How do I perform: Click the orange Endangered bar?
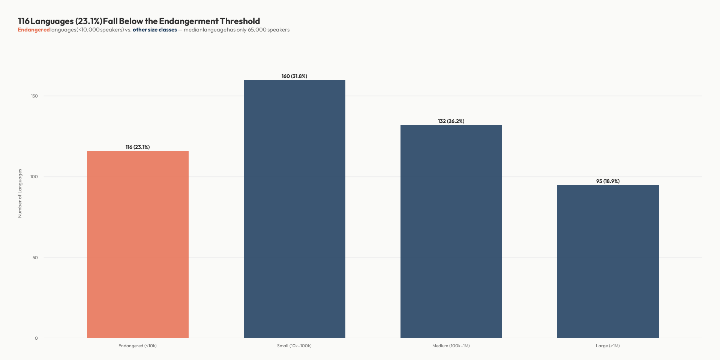click(138, 244)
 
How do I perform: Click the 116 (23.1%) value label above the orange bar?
click(138, 147)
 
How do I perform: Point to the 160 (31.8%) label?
click(294, 76)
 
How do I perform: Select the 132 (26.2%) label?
click(451, 121)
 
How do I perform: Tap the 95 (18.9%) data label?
click(608, 181)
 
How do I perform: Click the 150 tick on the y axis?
click(34, 96)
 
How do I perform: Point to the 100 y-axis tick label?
click(34, 177)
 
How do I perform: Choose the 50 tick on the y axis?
click(35, 258)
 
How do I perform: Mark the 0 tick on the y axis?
click(36, 338)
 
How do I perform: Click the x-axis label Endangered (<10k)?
click(138, 346)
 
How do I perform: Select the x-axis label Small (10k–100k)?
click(294, 346)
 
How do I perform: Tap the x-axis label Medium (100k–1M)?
click(451, 346)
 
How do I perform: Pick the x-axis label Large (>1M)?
click(608, 346)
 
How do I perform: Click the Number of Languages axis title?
click(20, 193)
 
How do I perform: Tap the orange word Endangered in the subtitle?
click(34, 30)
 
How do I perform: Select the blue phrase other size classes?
click(155, 30)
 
